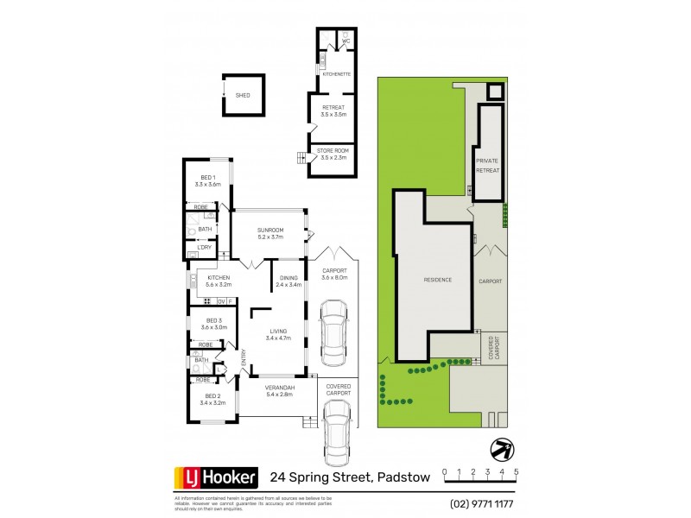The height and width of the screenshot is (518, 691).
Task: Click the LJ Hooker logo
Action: tap(216, 477)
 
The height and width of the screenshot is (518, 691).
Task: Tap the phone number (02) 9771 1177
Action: tap(480, 503)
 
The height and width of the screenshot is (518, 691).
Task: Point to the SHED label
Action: tap(243, 95)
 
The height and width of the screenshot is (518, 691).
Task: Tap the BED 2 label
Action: tap(212, 399)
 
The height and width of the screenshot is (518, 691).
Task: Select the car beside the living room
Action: tap(333, 332)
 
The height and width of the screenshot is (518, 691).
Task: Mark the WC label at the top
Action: tap(345, 41)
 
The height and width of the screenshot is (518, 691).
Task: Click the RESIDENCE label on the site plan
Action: tap(437, 280)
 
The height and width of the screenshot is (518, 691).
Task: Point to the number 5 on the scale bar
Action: tap(516, 472)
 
